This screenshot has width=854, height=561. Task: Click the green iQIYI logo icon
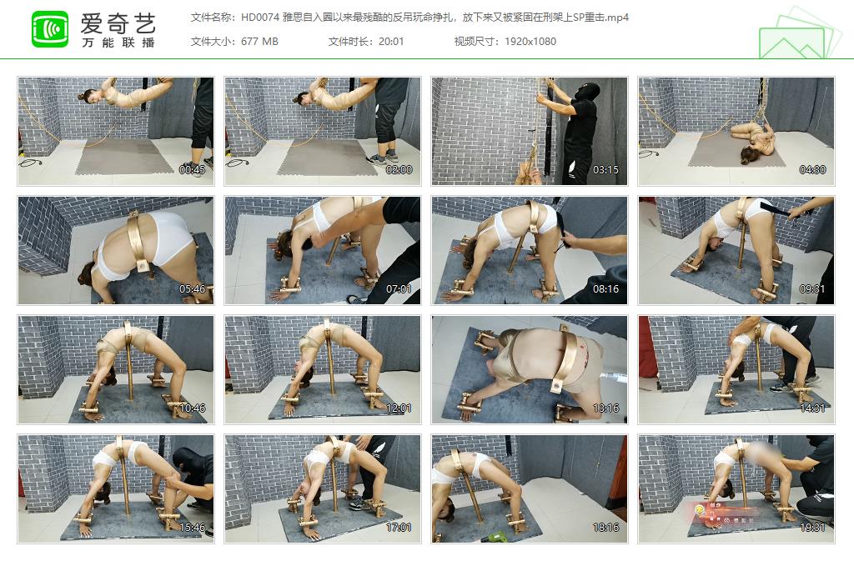pos(50,29)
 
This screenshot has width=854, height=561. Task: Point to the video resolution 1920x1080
pos(530,42)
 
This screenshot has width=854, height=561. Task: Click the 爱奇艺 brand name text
pos(117,22)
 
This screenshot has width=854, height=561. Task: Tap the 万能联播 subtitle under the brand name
pos(117,43)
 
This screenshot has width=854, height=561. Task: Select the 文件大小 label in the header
pos(212,42)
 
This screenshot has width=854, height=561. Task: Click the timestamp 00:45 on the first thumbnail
pos(193,170)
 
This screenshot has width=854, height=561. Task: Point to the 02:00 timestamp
pos(399,170)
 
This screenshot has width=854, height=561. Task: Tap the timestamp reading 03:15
pos(606,170)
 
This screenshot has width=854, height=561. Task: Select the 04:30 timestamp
pos(813,170)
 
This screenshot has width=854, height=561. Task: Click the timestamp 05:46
pos(193,289)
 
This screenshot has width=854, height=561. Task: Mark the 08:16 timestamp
pos(606,289)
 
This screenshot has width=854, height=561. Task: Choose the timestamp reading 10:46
pos(193,408)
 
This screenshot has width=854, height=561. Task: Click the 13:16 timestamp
pos(606,408)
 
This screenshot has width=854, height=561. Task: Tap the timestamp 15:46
pos(193,528)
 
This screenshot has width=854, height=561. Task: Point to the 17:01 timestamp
pos(399,528)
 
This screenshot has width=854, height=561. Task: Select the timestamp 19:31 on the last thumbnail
pos(813,528)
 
